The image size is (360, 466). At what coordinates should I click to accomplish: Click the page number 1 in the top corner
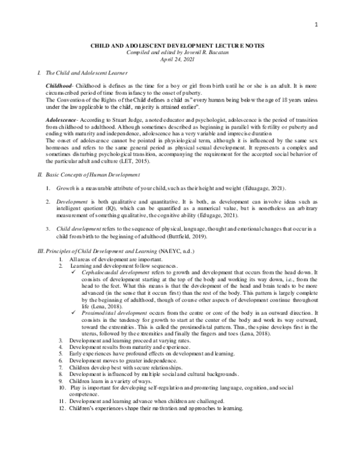point(332,23)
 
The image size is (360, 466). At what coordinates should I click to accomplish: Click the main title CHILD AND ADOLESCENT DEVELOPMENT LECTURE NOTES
point(179,46)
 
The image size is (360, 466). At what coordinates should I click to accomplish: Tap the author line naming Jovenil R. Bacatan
point(179,53)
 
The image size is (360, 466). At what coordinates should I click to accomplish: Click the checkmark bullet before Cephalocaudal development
point(73,272)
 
